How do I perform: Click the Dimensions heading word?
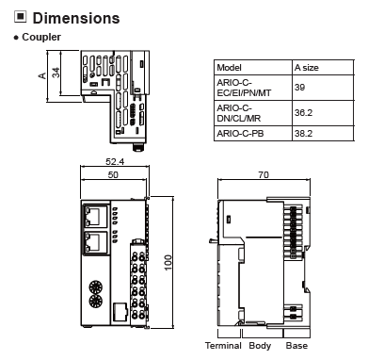click(76, 18)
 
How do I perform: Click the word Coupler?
click(41, 37)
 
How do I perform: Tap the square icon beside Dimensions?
click(21, 17)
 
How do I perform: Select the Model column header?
click(229, 68)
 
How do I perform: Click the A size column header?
click(306, 68)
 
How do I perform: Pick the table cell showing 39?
click(299, 87)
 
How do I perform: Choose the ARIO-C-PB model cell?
click(240, 134)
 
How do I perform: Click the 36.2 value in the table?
click(303, 112)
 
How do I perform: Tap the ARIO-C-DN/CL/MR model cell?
click(239, 113)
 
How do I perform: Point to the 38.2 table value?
click(303, 134)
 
